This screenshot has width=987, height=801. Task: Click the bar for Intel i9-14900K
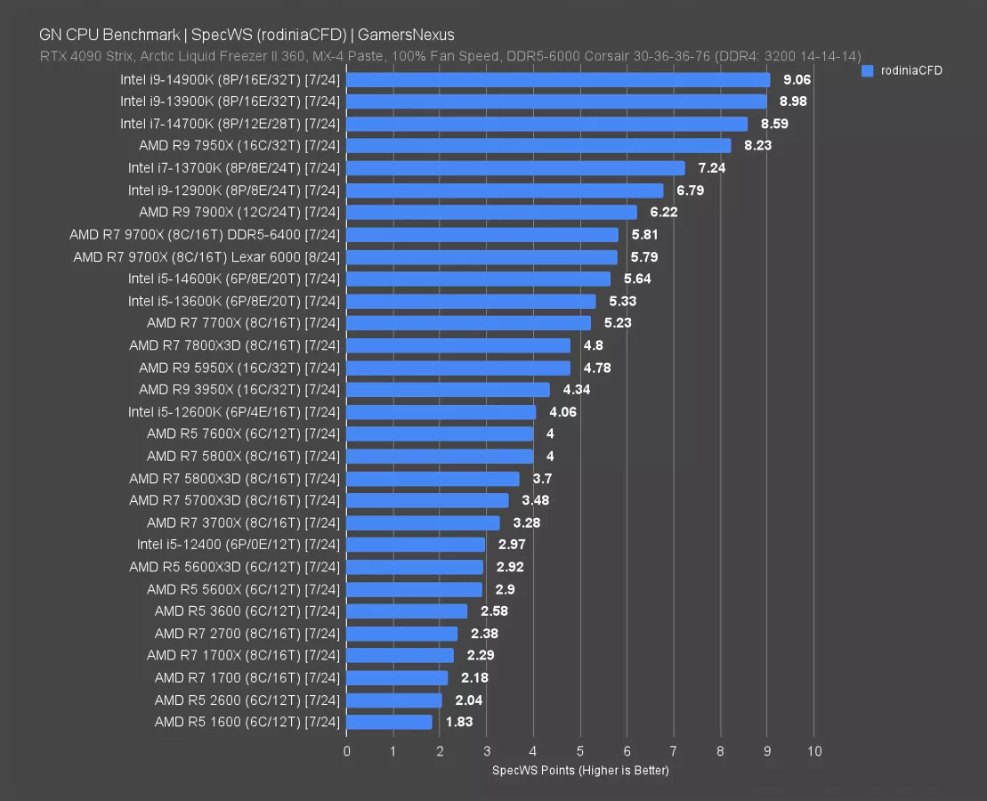click(x=558, y=79)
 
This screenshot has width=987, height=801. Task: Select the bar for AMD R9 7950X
click(x=538, y=145)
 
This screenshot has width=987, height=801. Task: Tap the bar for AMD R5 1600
click(x=389, y=722)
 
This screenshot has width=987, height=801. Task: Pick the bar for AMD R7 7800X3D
click(x=458, y=345)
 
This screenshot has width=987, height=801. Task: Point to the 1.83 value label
click(x=459, y=722)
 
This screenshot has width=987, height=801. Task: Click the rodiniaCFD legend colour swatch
click(x=868, y=70)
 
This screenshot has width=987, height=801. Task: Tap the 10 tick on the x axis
click(x=813, y=751)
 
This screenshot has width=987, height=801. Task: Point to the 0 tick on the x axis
click(x=346, y=751)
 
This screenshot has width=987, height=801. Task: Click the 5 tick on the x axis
click(x=580, y=751)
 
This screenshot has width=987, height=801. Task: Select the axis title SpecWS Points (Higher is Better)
click(x=580, y=770)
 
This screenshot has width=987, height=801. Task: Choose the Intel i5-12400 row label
click(x=239, y=545)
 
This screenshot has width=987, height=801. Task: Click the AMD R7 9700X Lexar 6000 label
click(x=206, y=257)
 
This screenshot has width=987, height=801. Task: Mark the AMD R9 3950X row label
click(x=239, y=390)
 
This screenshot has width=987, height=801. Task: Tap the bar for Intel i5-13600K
click(x=471, y=301)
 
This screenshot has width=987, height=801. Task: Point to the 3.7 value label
click(x=541, y=479)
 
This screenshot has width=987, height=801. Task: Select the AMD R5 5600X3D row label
click(x=234, y=567)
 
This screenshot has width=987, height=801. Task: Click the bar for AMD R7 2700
click(x=401, y=634)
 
